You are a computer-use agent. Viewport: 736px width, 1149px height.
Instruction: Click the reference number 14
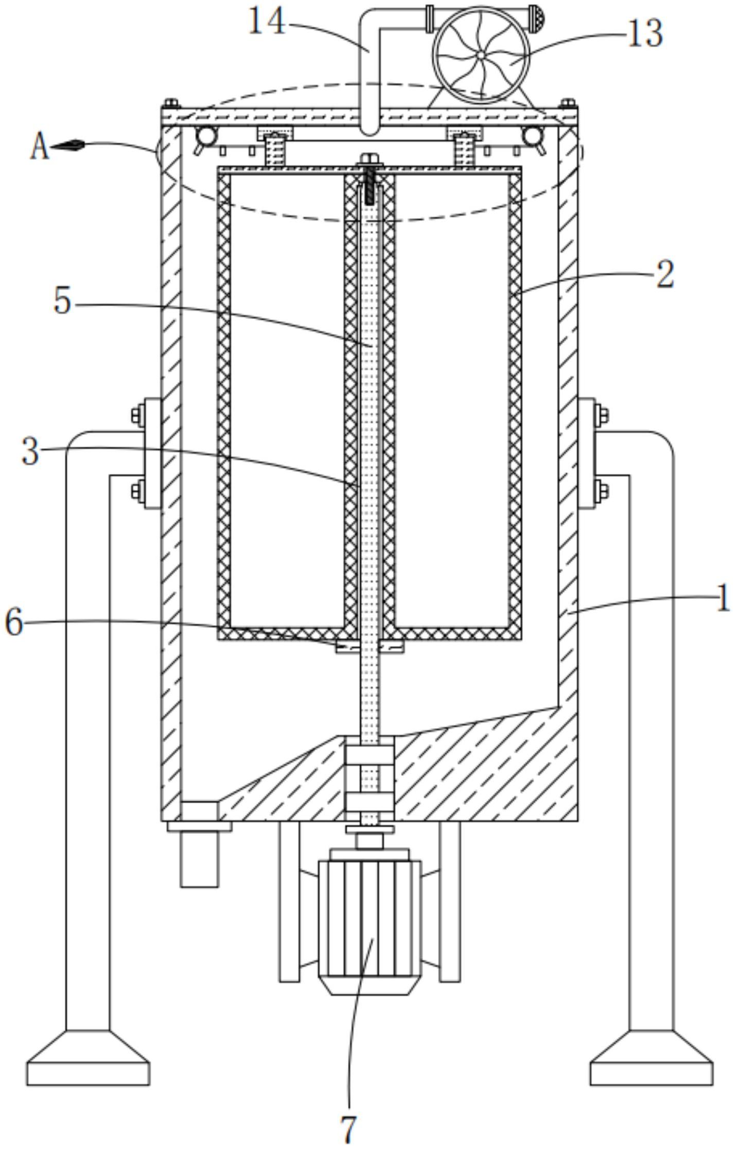pyautogui.click(x=267, y=22)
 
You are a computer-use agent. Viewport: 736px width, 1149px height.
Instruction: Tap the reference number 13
pyautogui.click(x=645, y=33)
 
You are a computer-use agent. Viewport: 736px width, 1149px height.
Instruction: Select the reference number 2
pyautogui.click(x=665, y=274)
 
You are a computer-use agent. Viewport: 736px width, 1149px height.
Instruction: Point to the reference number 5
pyautogui.click(x=62, y=300)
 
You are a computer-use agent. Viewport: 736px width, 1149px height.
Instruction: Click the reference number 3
pyautogui.click(x=30, y=451)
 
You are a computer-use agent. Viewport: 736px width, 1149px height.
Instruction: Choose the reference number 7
pyautogui.click(x=349, y=1130)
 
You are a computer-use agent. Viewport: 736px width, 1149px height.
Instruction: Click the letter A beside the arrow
pyautogui.click(x=39, y=146)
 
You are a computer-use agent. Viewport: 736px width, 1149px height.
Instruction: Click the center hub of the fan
pyautogui.click(x=480, y=55)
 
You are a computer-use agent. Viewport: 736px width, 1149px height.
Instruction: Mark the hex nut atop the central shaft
pyautogui.click(x=369, y=160)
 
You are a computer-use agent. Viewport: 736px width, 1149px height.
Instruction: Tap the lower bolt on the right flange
pyautogui.click(x=601, y=490)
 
